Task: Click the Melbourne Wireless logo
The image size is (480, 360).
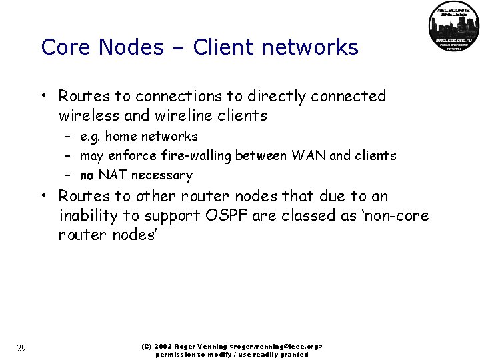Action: pyautogui.click(x=453, y=27)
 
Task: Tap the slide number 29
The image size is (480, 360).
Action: pyautogui.click(x=21, y=348)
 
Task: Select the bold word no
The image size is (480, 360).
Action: pyautogui.click(x=87, y=176)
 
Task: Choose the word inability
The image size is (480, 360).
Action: pyautogui.click(x=87, y=217)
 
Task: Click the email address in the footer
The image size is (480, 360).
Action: pyautogui.click(x=276, y=347)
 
